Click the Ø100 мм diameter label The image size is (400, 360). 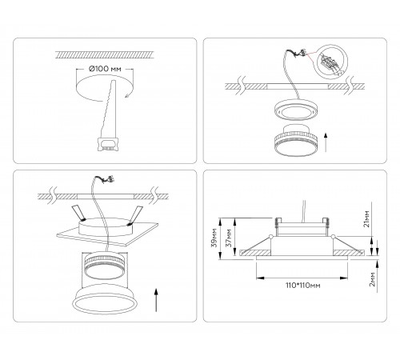coord(105,69)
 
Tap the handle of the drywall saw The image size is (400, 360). coord(108,143)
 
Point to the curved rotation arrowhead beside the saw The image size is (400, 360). coord(127,96)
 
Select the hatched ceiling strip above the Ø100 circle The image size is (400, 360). coord(104,54)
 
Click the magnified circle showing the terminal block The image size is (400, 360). coord(331,62)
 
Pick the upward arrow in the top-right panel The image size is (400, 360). coord(326,142)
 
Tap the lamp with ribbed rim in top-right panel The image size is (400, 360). coord(295,140)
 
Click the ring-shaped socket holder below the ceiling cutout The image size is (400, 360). coord(295,109)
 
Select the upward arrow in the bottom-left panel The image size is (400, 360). coord(156,299)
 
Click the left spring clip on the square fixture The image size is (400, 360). coord(78,213)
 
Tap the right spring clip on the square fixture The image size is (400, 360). coord(134,215)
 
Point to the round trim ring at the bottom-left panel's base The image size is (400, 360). coord(106,299)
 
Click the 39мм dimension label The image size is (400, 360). coord(214,238)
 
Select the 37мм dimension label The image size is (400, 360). coord(229,238)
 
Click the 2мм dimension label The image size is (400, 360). coord(373,279)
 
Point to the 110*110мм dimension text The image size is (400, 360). coord(303,286)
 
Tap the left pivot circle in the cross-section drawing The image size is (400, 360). coord(271,236)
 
